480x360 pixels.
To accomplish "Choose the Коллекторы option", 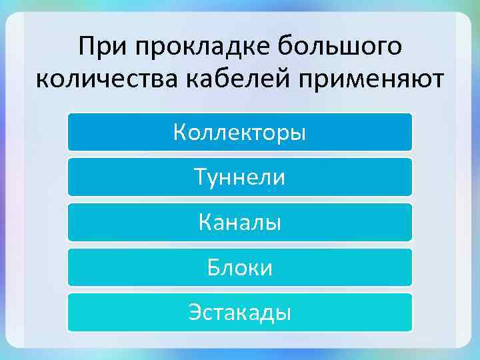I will point(239,132).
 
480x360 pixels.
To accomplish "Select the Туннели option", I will point(239,177).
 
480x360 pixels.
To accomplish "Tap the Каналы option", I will point(239,222).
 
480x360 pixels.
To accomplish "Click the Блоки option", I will point(239,267).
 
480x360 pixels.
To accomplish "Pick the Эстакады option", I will point(239,312).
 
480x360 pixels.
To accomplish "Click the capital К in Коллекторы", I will point(180,132).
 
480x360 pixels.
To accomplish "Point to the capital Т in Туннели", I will point(200,177).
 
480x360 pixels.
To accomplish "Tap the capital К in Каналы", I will point(205,222).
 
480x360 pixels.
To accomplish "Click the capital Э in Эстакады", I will point(195,312).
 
